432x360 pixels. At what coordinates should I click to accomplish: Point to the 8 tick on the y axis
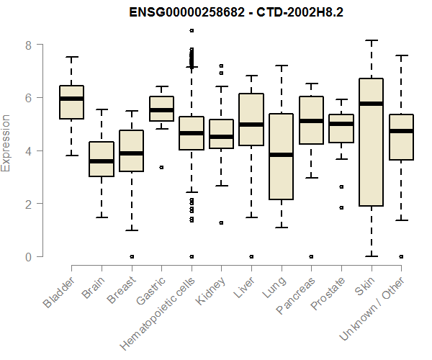(x=29, y=45)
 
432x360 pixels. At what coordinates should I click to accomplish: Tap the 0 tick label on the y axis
(x=29, y=256)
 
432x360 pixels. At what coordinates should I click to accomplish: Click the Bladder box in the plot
(x=71, y=102)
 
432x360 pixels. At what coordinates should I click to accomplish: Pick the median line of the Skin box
(x=371, y=104)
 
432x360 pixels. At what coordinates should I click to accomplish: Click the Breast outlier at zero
(x=131, y=256)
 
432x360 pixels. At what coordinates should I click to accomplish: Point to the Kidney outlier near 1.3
(x=221, y=222)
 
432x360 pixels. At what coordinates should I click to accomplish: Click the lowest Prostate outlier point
(x=341, y=207)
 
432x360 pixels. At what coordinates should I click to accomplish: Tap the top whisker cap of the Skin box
(x=371, y=41)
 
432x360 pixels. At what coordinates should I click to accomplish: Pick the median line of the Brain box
(x=102, y=161)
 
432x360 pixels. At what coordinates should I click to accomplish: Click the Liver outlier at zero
(x=251, y=256)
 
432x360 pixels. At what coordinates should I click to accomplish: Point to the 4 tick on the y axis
(x=29, y=150)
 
